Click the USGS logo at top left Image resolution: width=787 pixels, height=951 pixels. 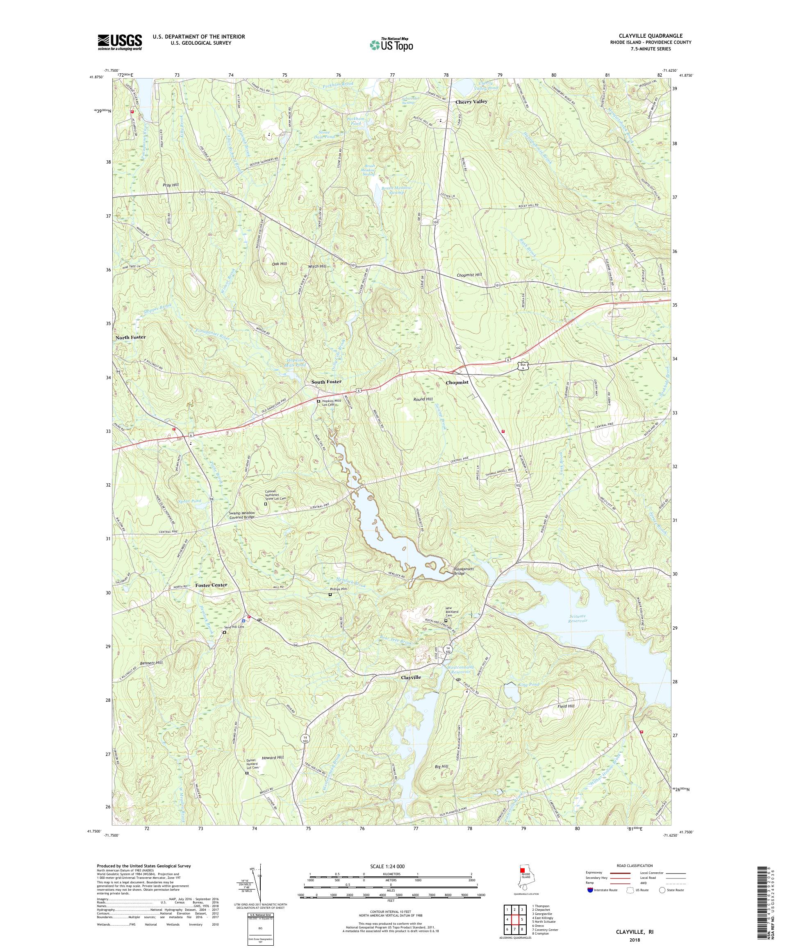(x=120, y=42)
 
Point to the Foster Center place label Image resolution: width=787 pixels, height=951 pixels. (x=211, y=585)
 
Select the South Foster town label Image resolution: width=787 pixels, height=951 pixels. (x=326, y=382)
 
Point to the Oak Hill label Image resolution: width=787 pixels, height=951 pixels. (x=280, y=264)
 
